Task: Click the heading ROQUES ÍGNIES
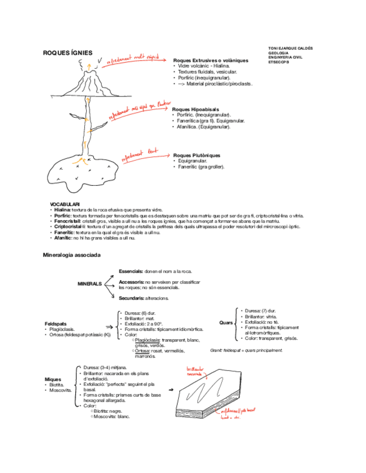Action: coord(68,52)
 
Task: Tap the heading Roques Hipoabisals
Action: coord(196,109)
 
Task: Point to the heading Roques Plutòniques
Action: coord(197,155)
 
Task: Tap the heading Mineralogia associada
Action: coord(72,255)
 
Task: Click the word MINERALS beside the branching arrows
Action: coord(90,283)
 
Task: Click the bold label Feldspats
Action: coord(55,324)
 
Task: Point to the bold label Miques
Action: coord(53,379)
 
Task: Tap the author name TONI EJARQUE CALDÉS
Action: coord(291,48)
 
